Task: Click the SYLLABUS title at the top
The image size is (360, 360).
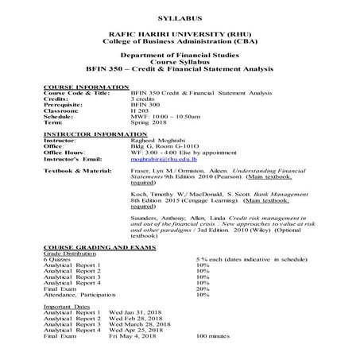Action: point(180,16)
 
